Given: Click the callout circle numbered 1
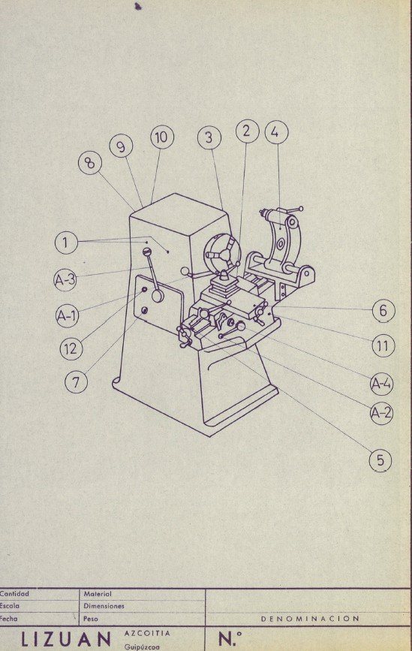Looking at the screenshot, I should (x=66, y=243).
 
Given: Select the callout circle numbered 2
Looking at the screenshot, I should (x=246, y=131).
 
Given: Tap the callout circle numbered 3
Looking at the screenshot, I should (x=210, y=137).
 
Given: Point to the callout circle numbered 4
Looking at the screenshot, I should (x=275, y=132).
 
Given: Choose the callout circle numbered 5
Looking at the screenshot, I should (x=380, y=460).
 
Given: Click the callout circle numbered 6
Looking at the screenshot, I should (x=383, y=309).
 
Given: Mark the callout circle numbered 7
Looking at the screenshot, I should (x=75, y=381).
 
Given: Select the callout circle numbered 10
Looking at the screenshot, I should (x=161, y=137).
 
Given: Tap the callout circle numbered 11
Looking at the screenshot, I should (x=383, y=345).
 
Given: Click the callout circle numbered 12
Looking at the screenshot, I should (x=72, y=348).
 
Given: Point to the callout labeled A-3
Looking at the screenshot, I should (x=65, y=281).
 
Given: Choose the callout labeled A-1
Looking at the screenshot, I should (x=68, y=316).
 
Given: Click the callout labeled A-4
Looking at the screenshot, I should (x=381, y=384).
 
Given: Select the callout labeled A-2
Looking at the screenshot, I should (x=381, y=412).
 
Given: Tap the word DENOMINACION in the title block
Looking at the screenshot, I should (x=310, y=619).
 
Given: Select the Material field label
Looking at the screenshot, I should (x=98, y=593).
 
